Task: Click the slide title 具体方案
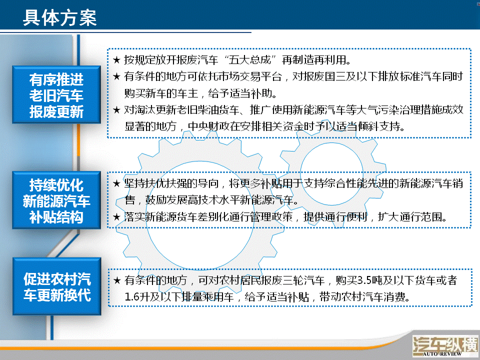[60, 18]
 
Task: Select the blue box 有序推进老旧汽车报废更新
[56, 94]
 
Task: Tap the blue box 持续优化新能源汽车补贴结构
[56, 200]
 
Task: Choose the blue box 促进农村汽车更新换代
[57, 286]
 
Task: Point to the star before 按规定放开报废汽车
[116, 59]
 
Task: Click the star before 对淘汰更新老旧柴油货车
[116, 109]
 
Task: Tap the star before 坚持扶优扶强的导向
[116, 183]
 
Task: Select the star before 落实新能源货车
[116, 217]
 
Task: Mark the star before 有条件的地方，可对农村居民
[117, 280]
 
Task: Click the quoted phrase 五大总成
[250, 59]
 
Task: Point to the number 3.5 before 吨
[364, 280]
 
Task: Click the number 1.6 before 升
[132, 297]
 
